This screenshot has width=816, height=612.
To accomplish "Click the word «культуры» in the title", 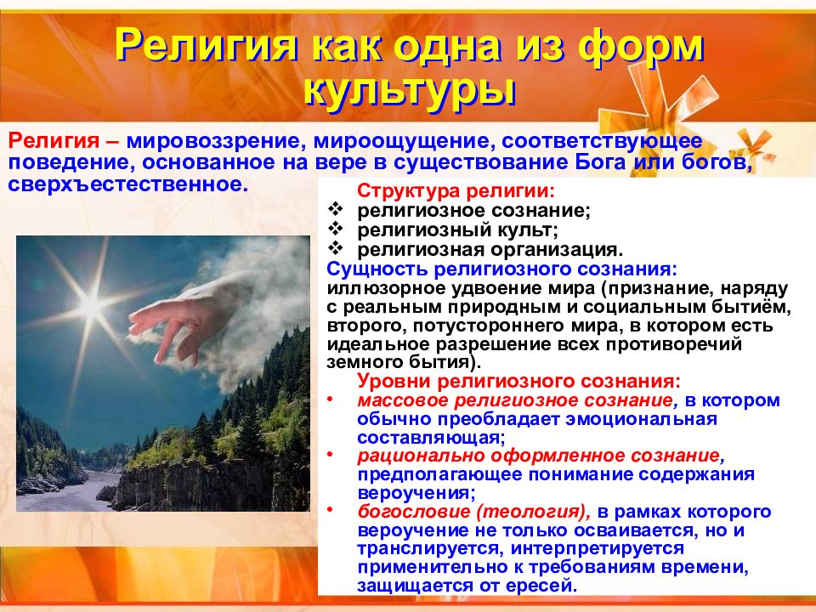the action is click(x=410, y=92).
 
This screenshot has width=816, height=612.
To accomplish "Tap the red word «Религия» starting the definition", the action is click(x=54, y=140).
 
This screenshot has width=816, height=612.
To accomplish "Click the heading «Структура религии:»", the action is click(x=456, y=191).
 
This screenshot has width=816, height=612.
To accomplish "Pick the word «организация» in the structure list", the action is click(x=556, y=250).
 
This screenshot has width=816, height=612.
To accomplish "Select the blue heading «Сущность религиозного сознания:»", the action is click(x=502, y=269).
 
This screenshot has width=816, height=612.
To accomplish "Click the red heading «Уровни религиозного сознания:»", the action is click(x=518, y=382).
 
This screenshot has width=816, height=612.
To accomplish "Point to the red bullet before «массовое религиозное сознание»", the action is click(x=330, y=398).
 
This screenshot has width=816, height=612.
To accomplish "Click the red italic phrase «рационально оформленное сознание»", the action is click(x=539, y=456).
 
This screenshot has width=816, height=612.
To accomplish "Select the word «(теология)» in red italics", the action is click(x=532, y=512).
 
